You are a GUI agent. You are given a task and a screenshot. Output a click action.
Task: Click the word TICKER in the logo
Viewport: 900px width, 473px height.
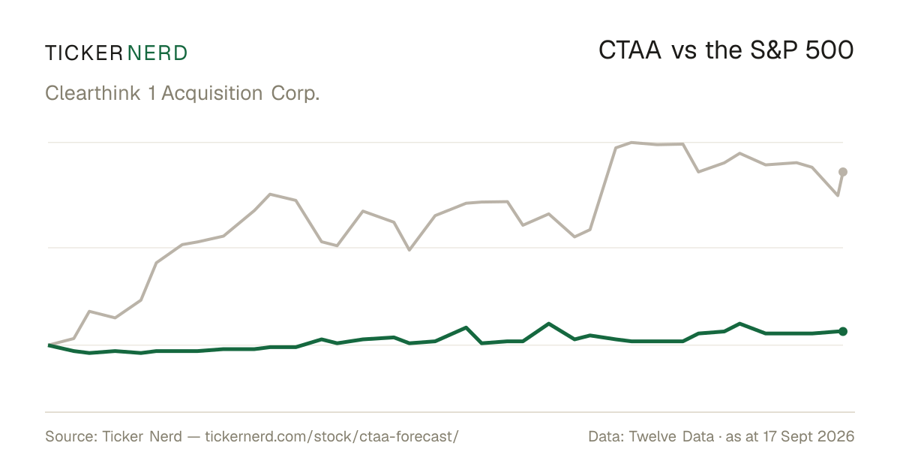point(84,53)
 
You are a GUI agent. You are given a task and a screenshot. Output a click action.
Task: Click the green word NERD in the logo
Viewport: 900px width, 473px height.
point(157,53)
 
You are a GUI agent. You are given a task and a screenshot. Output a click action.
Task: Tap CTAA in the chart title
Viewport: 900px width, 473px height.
point(629,50)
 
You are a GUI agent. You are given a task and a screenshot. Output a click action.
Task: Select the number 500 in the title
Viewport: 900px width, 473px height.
point(829,50)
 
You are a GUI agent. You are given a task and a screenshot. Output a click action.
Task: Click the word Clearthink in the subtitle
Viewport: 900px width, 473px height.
point(92,93)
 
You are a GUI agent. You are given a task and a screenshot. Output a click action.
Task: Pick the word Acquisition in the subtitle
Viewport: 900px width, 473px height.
point(212,93)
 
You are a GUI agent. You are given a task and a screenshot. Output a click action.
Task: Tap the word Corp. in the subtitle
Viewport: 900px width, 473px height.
point(295,93)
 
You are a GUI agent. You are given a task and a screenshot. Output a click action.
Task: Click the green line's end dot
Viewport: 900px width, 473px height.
point(843,331)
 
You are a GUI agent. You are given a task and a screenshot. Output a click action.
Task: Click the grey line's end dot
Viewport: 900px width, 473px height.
point(843,172)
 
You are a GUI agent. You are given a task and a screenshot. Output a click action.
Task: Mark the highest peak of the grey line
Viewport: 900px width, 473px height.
point(631,143)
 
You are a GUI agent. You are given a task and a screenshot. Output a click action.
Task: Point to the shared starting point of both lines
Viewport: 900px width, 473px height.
point(49,345)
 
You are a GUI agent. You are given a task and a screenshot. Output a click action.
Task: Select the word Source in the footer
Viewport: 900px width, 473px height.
point(69,436)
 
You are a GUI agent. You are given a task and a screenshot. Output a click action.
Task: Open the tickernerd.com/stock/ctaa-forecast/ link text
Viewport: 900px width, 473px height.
point(331,436)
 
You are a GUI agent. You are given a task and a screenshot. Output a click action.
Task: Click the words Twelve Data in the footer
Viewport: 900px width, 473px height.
point(671,436)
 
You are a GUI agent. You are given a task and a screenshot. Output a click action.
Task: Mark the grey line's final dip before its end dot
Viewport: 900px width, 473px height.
point(838,195)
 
